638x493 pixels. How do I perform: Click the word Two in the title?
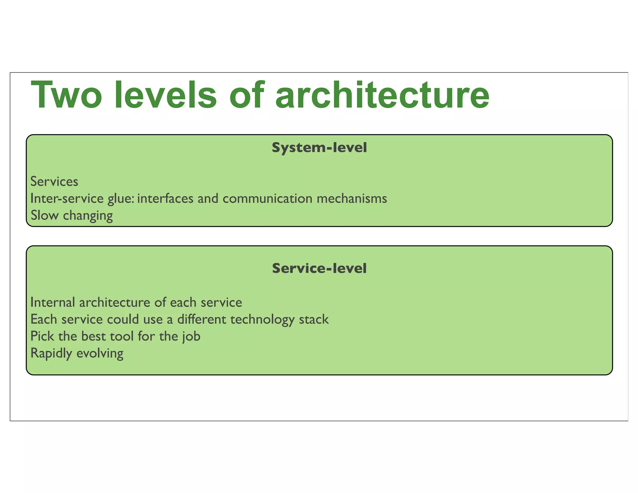point(66,95)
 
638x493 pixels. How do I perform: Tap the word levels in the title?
point(166,95)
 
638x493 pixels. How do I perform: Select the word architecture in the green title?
point(382,95)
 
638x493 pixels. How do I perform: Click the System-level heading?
point(319,147)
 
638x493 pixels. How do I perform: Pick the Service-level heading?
point(319,268)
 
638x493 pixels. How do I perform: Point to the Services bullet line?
point(54,182)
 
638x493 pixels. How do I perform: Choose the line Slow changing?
point(72,216)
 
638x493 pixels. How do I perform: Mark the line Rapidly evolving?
point(77,354)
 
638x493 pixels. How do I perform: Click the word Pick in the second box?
point(42,336)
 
